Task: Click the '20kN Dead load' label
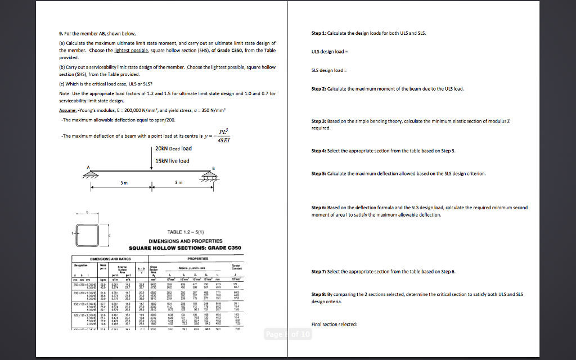[173, 148]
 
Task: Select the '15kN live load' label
[172, 161]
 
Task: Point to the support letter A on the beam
[88, 167]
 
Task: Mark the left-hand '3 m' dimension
[123, 183]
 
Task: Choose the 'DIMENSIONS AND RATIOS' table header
[107, 258]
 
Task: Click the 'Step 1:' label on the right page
[318, 33]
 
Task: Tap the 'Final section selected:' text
[334, 324]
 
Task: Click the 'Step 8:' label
[318, 294]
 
